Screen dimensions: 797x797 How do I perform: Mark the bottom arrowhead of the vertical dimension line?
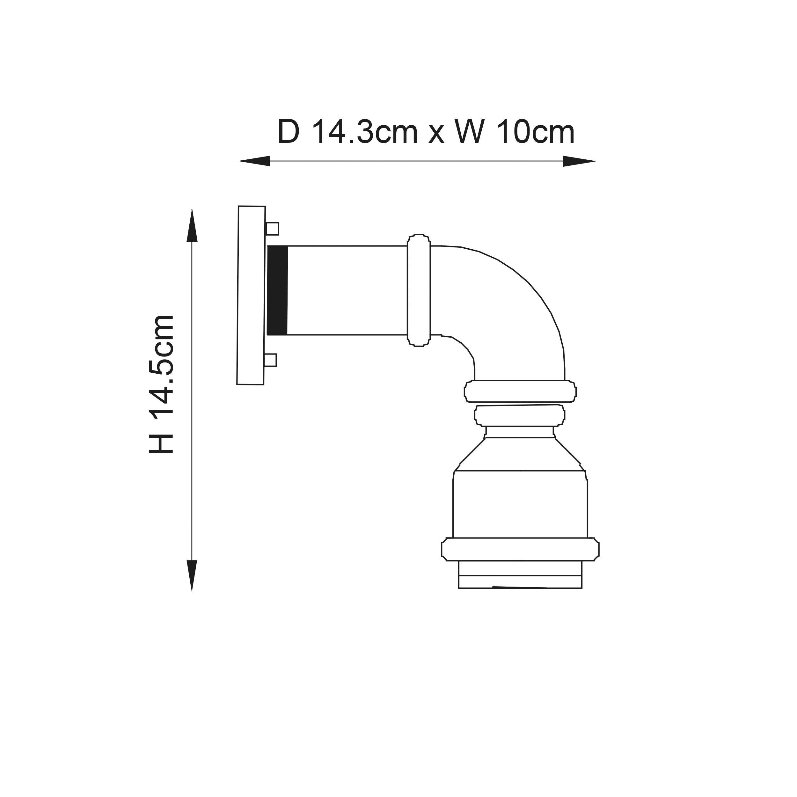click(192, 575)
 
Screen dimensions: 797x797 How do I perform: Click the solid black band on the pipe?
click(277, 290)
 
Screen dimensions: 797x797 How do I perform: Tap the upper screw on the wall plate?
click(272, 229)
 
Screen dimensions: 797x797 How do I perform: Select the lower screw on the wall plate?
click(271, 360)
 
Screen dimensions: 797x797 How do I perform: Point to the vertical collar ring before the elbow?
click(419, 290)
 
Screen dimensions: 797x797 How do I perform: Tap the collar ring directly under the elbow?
click(520, 391)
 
